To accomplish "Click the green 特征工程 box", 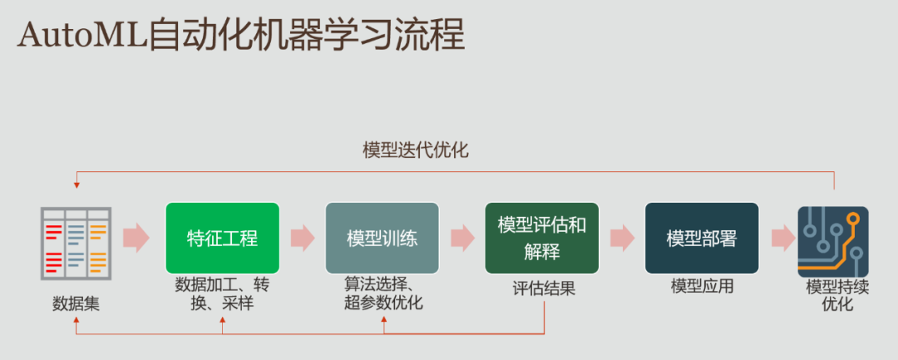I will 222,239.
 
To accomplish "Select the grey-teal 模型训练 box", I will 382,239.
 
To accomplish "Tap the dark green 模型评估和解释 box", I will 541,239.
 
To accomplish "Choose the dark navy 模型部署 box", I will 701,239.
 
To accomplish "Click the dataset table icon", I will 76,242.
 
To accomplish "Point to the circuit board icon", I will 832,242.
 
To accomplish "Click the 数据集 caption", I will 76,303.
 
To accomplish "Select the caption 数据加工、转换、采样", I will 222,293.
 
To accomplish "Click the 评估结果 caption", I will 544,288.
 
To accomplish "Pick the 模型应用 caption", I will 703,287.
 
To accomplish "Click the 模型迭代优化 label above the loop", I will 416,150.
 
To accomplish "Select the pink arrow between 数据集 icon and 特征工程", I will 136,238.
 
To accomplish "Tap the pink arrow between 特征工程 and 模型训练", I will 302,238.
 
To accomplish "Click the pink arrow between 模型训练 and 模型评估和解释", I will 462,238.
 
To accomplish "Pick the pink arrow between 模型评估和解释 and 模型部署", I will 621,238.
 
